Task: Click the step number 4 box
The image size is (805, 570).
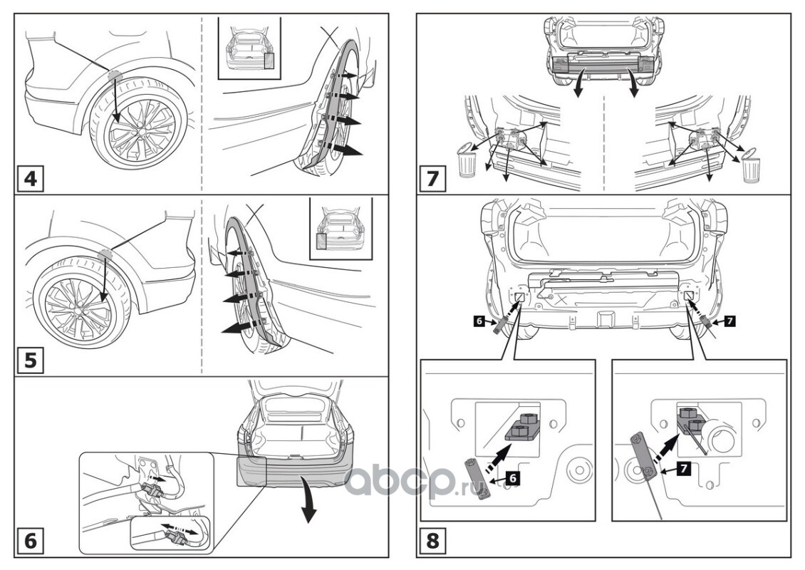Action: (x=31, y=178)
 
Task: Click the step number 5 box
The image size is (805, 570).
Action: (x=31, y=360)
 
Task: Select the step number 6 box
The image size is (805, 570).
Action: (x=31, y=541)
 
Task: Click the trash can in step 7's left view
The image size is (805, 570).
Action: (x=466, y=162)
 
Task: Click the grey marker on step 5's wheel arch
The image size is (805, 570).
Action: (x=106, y=253)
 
